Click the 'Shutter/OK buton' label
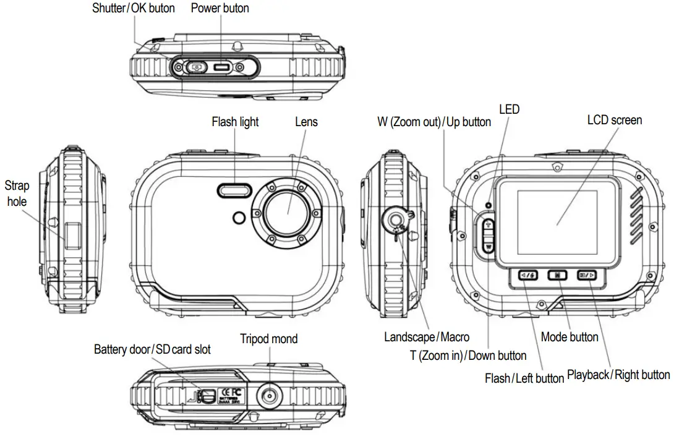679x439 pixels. coord(133,8)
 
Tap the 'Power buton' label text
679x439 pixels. coord(220,8)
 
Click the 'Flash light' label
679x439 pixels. coord(235,122)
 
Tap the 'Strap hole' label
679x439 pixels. coord(17,193)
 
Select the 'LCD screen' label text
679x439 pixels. coord(614,119)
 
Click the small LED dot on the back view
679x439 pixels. coord(489,205)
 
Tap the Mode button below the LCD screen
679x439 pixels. coord(557,275)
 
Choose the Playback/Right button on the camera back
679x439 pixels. coord(586,275)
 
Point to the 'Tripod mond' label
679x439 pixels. coord(268,338)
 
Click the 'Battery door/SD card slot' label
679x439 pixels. coord(152,349)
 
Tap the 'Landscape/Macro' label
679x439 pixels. coord(426,337)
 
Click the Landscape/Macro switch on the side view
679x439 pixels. coord(395,219)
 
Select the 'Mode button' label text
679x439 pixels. coord(569,337)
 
